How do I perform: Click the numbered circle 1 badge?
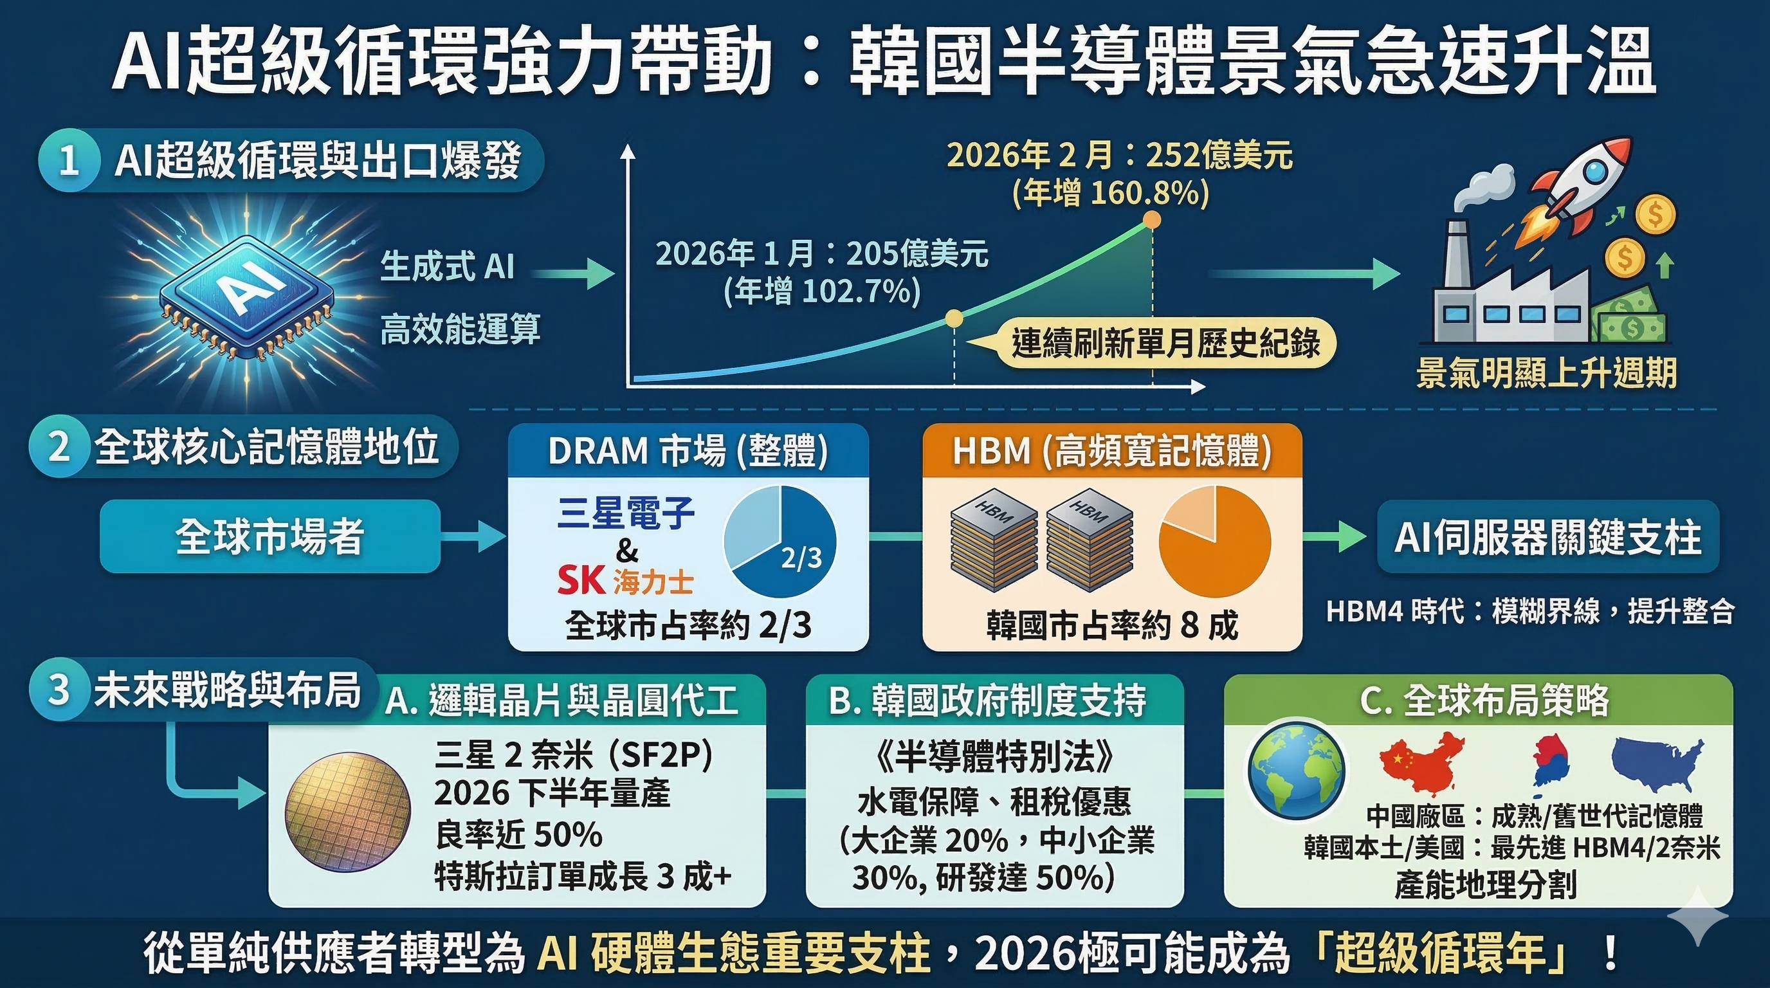click(69, 161)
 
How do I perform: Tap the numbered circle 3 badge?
click(59, 689)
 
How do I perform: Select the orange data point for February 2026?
click(1153, 220)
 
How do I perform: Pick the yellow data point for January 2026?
click(954, 317)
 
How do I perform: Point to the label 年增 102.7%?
click(822, 291)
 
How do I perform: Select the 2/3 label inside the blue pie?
click(801, 558)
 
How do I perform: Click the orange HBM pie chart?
click(1214, 542)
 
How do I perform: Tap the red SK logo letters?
click(581, 581)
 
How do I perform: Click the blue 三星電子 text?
click(626, 513)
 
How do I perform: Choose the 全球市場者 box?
click(270, 536)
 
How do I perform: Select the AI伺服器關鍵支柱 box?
click(1547, 536)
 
